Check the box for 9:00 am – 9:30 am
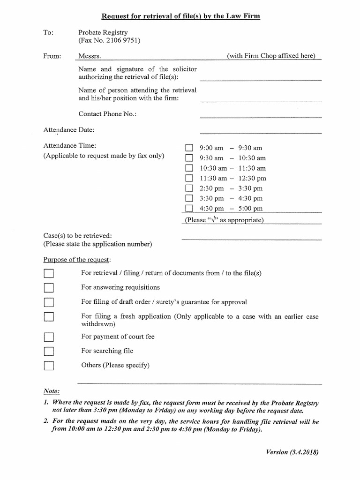pyautogui.click(x=189, y=148)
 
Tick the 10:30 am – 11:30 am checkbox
pyautogui.click(x=189, y=168)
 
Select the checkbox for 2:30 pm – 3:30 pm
pyautogui.click(x=189, y=188)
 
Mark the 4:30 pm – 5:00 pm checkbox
pyautogui.click(x=189, y=209)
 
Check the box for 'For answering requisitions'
pyautogui.click(x=49, y=288)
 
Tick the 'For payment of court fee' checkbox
pyautogui.click(x=49, y=337)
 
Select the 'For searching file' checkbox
pyautogui.click(x=49, y=351)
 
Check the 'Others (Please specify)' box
pyautogui.click(x=49, y=366)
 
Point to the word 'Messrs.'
pyautogui.click(x=90, y=56)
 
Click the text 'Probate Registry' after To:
pyautogui.click(x=103, y=33)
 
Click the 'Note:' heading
pyautogui.click(x=52, y=391)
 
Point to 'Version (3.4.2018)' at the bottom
pyautogui.click(x=292, y=452)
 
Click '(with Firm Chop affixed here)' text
pyautogui.click(x=271, y=56)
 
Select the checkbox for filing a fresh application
pyautogui.click(x=49, y=317)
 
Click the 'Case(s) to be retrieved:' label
pyautogui.click(x=77, y=236)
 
